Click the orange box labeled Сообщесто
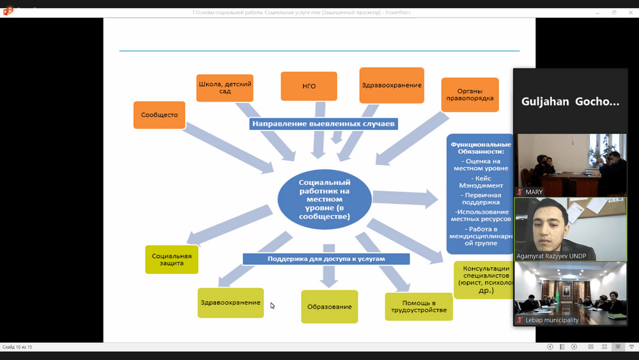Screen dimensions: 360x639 [159, 115]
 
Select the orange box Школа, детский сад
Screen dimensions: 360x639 [224, 88]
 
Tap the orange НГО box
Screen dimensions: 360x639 [309, 86]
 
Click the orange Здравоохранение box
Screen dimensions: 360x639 [392, 85]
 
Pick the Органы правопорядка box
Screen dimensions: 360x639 [470, 95]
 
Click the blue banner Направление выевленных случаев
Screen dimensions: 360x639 [324, 123]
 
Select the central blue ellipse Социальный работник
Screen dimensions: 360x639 [325, 200]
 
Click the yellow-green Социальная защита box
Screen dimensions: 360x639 [172, 259]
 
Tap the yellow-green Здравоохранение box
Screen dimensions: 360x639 [229, 302]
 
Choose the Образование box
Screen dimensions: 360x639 [329, 306]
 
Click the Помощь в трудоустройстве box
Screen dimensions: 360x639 [419, 306]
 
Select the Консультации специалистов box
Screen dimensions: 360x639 [484, 279]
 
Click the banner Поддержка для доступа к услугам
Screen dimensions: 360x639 [326, 258]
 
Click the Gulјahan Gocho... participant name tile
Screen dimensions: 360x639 [570, 101]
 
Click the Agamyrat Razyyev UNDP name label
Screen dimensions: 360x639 [551, 256]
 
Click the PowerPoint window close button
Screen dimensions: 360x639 [631, 12]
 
